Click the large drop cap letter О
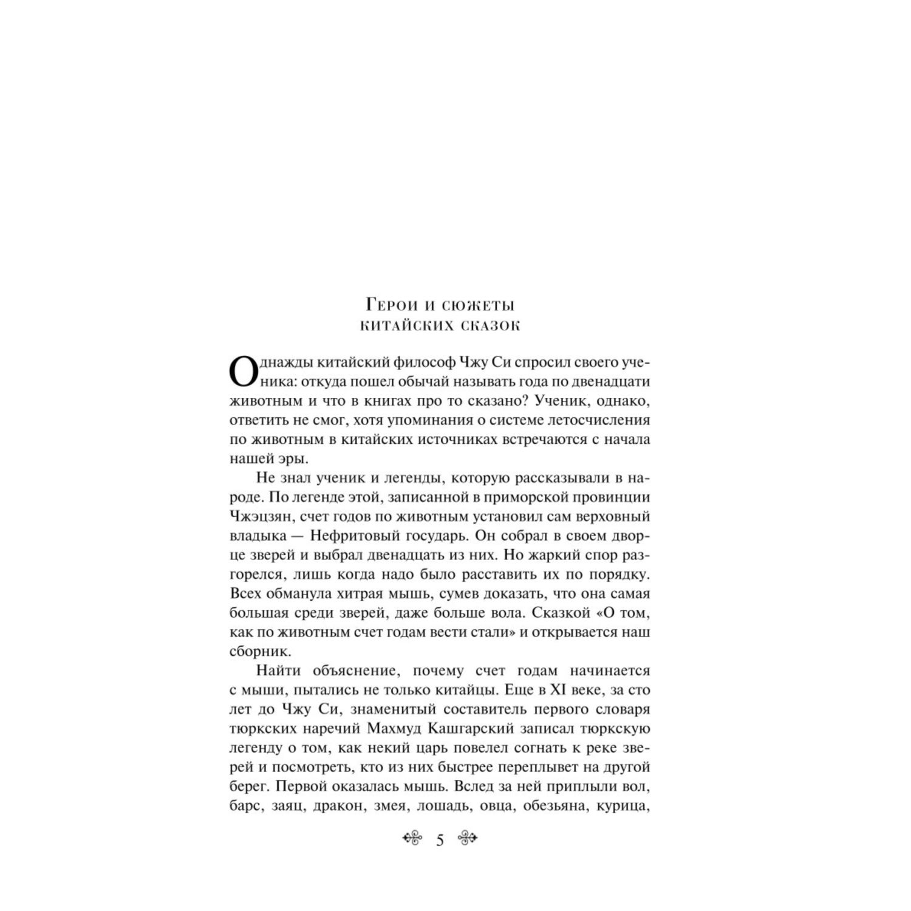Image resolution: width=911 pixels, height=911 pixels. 242,372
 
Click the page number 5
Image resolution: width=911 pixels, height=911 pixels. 440,841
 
